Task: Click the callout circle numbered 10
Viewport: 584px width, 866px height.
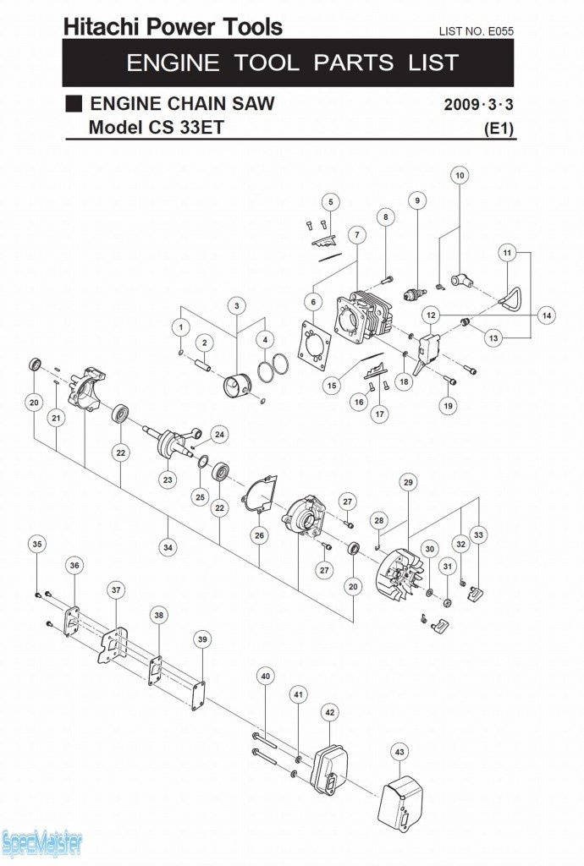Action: click(x=460, y=176)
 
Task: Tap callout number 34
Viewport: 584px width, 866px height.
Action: click(x=168, y=547)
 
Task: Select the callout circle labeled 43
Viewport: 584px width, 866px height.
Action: click(x=399, y=752)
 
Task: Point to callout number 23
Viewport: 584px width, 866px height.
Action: click(x=168, y=480)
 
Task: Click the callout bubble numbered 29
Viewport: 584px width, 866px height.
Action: click(x=408, y=482)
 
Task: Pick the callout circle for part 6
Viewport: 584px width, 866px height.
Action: click(x=313, y=302)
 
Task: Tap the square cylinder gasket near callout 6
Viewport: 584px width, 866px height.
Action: click(x=314, y=350)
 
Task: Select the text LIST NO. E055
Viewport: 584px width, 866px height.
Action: click(x=477, y=31)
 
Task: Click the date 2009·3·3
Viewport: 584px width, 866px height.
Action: click(x=478, y=104)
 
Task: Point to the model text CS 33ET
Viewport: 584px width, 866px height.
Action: click(x=185, y=128)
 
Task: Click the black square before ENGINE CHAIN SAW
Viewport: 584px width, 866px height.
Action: click(x=74, y=103)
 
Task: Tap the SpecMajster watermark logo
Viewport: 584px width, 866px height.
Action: click(x=41, y=842)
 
